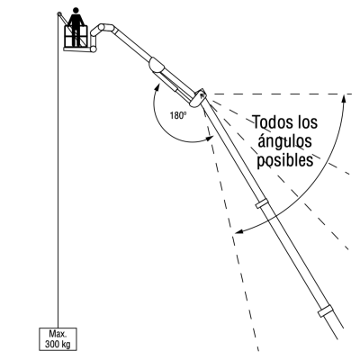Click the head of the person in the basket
point(76,11)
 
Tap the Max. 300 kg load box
point(58,339)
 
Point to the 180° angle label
point(178,115)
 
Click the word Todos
point(272,122)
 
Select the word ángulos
point(284,141)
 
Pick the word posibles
point(285,160)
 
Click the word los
point(306,122)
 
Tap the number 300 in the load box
point(52,344)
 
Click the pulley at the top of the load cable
point(59,13)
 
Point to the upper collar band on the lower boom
point(261,203)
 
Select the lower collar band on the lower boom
point(326,311)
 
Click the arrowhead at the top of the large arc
point(344,98)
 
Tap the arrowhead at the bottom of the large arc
point(239,231)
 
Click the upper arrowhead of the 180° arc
point(157,87)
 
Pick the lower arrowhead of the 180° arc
point(210,139)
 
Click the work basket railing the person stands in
point(76,37)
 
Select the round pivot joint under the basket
point(94,49)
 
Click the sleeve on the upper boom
point(157,64)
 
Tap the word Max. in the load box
point(58,334)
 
